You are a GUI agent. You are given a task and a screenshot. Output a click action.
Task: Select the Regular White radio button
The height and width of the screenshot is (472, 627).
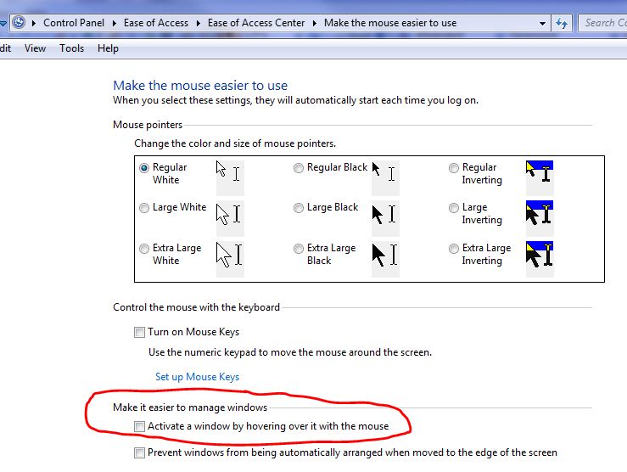[144, 168]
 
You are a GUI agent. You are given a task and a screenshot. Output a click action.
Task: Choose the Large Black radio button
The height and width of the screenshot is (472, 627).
[299, 208]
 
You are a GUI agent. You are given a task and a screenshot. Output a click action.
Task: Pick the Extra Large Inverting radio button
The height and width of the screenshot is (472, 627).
[454, 249]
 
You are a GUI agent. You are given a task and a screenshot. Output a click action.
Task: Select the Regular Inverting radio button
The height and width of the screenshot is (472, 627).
[454, 168]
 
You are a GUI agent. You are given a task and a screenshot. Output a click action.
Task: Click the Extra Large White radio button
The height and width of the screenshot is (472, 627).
[144, 249]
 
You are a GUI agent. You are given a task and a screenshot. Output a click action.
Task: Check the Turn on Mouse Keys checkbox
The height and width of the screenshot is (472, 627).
[139, 333]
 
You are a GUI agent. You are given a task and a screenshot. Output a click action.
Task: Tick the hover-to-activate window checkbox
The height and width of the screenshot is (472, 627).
[139, 426]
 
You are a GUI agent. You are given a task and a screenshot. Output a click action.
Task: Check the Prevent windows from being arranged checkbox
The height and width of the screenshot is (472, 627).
[139, 453]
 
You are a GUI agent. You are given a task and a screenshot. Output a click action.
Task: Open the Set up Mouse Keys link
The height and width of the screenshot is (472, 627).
[197, 377]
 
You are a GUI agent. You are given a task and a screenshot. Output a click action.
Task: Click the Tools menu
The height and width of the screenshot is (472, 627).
[71, 48]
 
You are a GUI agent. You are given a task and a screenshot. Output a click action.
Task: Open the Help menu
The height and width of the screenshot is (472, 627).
[108, 48]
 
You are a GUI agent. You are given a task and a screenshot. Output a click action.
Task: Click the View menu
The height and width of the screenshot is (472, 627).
[35, 48]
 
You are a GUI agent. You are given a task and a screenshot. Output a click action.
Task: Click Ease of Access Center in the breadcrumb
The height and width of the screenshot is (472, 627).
[255, 23]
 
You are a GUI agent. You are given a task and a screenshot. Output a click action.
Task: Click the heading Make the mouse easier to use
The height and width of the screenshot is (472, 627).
[200, 86]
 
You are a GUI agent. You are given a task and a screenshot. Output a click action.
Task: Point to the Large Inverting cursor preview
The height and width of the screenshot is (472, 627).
[540, 214]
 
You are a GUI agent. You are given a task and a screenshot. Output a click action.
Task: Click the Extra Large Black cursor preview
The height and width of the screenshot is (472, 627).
[385, 255]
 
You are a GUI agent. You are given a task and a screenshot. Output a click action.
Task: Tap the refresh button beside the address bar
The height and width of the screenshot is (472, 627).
[561, 23]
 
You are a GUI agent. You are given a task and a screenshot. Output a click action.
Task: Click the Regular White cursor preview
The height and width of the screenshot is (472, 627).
[229, 174]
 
